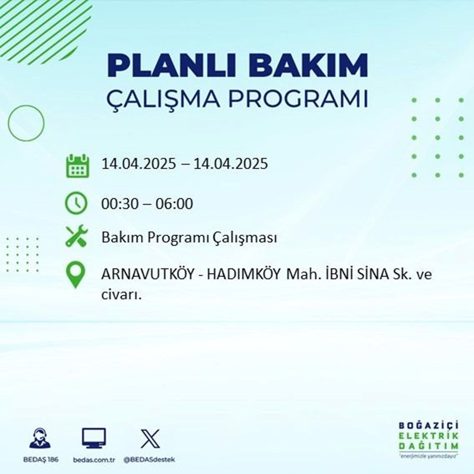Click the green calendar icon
(x=77, y=165)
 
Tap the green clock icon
(x=76, y=204)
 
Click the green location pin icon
(x=76, y=275)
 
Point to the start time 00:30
(x=117, y=204)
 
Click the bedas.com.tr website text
(x=94, y=460)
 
